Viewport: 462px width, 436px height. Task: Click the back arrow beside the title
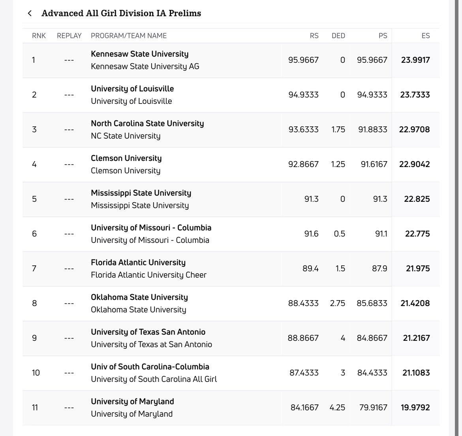click(x=30, y=13)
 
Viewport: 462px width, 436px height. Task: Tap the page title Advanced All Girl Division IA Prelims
click(x=121, y=13)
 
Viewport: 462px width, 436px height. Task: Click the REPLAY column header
click(x=69, y=36)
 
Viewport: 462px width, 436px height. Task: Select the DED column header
click(x=338, y=36)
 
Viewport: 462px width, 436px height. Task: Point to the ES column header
click(x=425, y=36)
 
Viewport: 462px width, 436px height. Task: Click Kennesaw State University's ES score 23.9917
click(x=415, y=60)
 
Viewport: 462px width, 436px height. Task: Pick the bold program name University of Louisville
click(x=132, y=88)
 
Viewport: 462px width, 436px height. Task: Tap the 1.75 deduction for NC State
click(x=338, y=130)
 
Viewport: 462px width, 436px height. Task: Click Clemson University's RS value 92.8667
click(x=303, y=164)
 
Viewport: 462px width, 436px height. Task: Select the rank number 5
click(x=34, y=199)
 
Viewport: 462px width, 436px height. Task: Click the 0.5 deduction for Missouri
click(x=339, y=234)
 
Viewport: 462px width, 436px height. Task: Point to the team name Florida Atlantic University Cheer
click(x=148, y=275)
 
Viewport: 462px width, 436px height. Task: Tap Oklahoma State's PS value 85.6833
click(x=372, y=303)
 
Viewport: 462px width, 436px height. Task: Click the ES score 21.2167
click(x=416, y=338)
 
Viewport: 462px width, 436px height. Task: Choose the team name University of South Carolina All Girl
click(x=154, y=379)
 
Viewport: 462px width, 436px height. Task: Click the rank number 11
click(x=35, y=408)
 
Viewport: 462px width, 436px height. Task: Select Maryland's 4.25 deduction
click(x=337, y=408)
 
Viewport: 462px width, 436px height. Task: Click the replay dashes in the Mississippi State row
click(x=69, y=199)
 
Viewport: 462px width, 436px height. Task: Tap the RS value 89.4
click(x=310, y=269)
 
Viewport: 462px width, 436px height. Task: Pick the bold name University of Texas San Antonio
click(x=148, y=332)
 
